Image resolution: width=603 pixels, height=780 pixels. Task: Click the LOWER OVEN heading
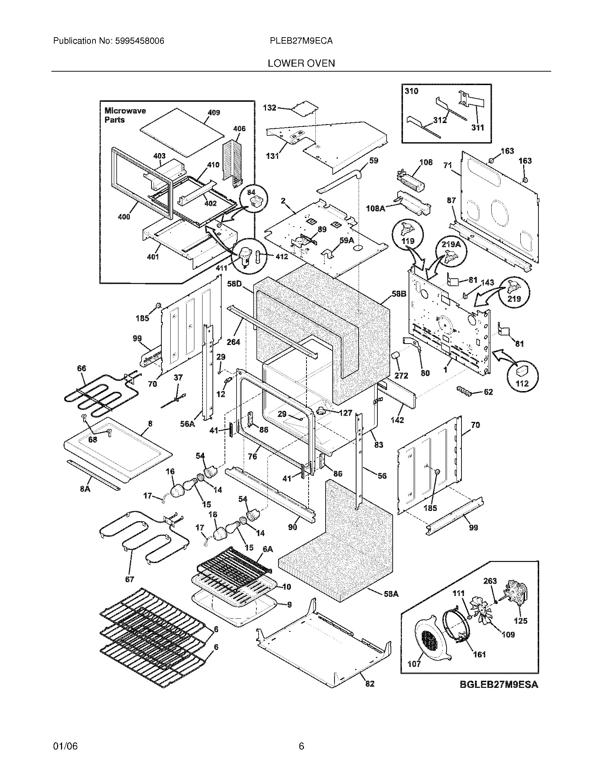pos(301,63)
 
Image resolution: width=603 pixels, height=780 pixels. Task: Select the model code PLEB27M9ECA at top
pos(301,41)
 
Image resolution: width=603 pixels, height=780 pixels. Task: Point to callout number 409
pos(214,113)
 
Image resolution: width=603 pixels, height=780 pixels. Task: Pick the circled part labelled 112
pos(522,377)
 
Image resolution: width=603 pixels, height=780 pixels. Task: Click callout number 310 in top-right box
pos(411,91)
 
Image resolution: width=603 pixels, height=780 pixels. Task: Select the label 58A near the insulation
pos(391,594)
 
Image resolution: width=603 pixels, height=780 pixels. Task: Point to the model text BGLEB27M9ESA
pos(499,685)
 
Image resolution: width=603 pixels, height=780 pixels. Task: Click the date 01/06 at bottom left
pos(65,746)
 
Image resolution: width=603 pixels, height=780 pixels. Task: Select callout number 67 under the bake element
pos(130,579)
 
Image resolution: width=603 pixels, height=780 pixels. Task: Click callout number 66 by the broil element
pos(82,368)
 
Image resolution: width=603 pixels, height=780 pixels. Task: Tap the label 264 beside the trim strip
pos(233,342)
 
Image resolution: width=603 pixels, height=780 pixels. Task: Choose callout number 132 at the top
pos(270,107)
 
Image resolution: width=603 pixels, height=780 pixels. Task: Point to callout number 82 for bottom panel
pos(370,684)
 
